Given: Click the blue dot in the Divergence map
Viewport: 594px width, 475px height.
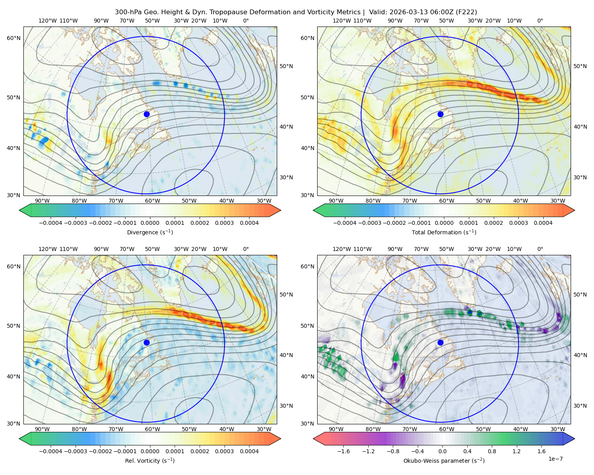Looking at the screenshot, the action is point(147,114).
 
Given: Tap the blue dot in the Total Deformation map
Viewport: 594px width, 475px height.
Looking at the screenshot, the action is point(440,114).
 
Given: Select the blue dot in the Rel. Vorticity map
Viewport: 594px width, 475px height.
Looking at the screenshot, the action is point(147,342).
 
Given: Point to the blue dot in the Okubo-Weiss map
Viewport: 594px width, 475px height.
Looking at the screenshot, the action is point(440,342).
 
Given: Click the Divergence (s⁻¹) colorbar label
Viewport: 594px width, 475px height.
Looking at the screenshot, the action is point(150,232).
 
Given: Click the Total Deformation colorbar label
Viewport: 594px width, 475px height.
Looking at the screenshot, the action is point(444,232).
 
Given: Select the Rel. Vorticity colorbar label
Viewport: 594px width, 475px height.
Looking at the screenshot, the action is point(150,461).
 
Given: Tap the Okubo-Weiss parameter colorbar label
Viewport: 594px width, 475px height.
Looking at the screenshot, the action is point(444,461).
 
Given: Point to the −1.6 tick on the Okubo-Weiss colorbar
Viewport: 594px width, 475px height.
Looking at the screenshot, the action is point(343,451).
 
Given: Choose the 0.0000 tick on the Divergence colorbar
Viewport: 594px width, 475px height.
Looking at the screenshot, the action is point(150,223).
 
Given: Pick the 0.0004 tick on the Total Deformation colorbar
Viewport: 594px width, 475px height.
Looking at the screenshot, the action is point(543,223).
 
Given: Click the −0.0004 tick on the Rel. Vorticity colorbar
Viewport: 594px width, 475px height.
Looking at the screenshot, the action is point(51,451).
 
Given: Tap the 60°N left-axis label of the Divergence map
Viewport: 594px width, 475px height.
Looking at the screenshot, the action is point(13,38).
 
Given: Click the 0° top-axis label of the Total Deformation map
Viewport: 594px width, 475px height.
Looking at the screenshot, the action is point(540,21).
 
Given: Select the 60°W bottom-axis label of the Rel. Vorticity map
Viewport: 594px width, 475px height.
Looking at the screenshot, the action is point(152,429).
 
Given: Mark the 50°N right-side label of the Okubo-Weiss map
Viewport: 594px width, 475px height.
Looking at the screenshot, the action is point(580,294).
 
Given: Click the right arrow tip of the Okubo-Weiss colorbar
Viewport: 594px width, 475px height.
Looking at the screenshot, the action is point(575,439).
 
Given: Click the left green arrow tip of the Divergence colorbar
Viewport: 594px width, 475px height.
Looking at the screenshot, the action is point(19,210).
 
